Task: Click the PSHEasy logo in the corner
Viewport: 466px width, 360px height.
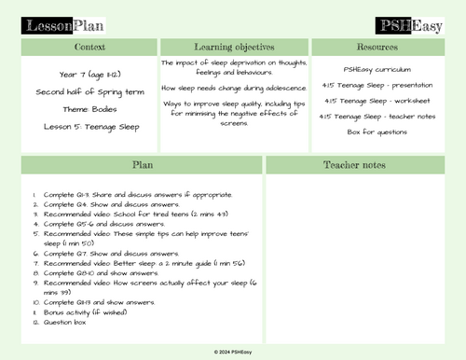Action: tap(407, 24)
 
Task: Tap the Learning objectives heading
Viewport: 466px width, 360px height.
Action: tap(234, 46)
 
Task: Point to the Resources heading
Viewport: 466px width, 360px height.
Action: tap(377, 46)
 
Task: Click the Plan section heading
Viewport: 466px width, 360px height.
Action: tap(143, 164)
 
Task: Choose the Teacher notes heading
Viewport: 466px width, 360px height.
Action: tap(355, 164)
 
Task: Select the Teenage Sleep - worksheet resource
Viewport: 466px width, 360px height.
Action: tap(377, 101)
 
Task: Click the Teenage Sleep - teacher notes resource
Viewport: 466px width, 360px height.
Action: tap(377, 116)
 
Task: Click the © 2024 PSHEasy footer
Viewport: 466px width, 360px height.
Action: tap(234, 353)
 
